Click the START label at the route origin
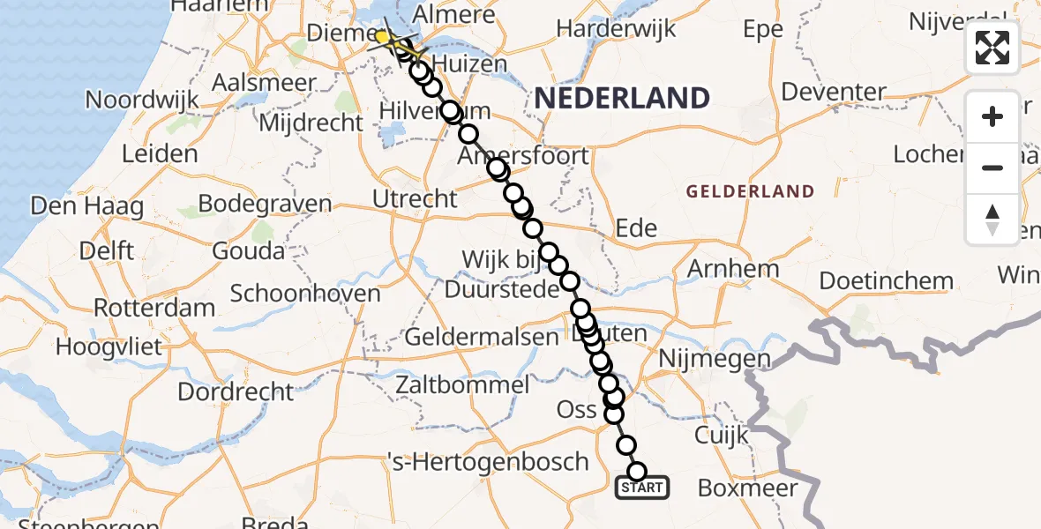[642, 488]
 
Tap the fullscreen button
[992, 48]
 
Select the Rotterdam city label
[154, 309]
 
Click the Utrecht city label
[415, 199]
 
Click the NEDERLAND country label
[622, 98]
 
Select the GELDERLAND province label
[750, 191]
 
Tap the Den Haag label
[86, 207]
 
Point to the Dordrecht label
[236, 391]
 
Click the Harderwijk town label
[617, 28]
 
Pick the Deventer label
[834, 92]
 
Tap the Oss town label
[577, 409]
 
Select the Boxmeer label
[747, 488]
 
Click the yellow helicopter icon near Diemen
[386, 38]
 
